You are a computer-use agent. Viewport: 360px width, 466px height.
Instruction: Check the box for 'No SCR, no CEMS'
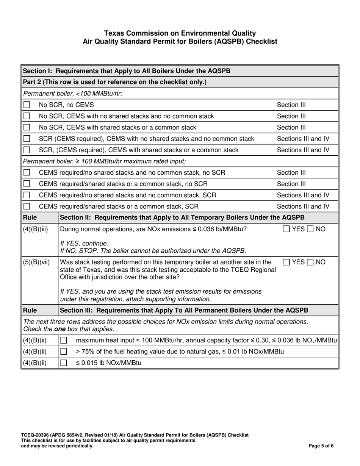coord(27,105)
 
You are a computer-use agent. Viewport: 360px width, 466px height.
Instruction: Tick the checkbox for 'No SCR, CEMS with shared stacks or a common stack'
coord(27,128)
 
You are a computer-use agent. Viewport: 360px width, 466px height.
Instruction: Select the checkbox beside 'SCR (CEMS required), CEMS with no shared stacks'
coord(27,139)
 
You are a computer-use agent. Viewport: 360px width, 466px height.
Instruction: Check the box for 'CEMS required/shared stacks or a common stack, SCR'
coord(27,207)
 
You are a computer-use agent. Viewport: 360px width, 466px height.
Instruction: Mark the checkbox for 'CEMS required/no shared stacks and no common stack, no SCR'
coord(27,173)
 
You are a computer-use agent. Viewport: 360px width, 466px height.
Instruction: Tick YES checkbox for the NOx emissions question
coord(287,229)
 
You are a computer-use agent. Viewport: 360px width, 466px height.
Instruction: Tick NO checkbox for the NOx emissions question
coord(310,229)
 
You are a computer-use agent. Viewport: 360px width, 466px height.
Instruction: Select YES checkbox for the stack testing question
coord(287,262)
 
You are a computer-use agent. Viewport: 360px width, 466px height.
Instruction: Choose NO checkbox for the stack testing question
coord(310,262)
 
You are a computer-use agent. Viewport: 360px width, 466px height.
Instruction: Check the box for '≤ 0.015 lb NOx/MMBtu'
coord(64,363)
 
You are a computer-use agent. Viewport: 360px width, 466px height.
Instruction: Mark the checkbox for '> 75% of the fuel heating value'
coord(64,352)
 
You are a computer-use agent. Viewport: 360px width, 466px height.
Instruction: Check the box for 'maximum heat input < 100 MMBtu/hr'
coord(64,341)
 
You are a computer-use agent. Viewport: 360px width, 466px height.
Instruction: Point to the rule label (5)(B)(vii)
coord(36,262)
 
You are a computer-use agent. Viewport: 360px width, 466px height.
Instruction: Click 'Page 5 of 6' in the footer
coord(321,446)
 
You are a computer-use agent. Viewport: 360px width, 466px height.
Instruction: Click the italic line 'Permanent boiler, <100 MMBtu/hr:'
coord(73,94)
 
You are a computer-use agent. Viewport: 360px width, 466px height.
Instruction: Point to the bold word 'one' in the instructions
coord(60,329)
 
